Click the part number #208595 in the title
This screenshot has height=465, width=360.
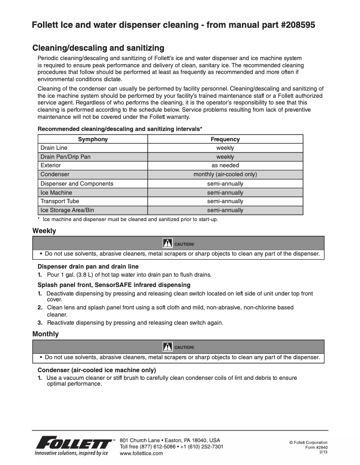(x=294, y=25)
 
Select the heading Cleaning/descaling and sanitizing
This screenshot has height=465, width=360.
(x=98, y=48)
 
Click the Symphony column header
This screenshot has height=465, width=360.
(x=93, y=139)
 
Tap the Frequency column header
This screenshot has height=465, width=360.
(x=225, y=139)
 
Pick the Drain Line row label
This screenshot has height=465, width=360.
(x=54, y=148)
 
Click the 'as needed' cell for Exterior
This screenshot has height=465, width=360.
(x=225, y=165)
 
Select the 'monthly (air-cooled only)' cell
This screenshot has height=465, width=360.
(x=225, y=174)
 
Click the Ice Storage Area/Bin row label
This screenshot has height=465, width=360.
(x=67, y=210)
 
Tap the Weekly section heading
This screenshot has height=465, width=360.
(x=44, y=231)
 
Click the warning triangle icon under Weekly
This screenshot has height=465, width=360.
(x=167, y=243)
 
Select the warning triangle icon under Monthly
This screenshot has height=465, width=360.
(x=167, y=347)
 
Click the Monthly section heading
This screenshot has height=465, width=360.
(x=45, y=334)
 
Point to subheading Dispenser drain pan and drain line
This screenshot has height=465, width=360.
(x=88, y=266)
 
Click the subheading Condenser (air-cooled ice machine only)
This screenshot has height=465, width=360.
(x=97, y=370)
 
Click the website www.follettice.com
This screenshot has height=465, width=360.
(x=141, y=453)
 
